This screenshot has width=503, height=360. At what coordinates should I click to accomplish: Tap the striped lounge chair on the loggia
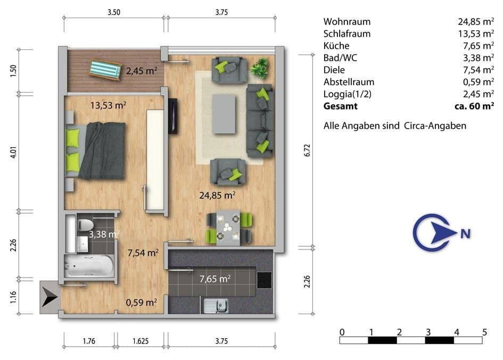point(105,69)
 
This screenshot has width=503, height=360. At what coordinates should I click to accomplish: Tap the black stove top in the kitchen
point(264,280)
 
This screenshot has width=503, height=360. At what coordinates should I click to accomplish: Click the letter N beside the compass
point(465,233)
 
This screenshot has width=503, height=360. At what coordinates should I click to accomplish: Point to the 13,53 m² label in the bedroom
point(108,105)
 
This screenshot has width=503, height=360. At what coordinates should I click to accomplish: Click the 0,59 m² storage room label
point(141,303)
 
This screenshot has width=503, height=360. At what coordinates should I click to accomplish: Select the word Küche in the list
point(336,46)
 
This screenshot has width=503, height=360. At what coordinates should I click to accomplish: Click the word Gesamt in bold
point(341,106)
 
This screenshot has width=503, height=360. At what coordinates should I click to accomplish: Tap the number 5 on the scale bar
point(484,332)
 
